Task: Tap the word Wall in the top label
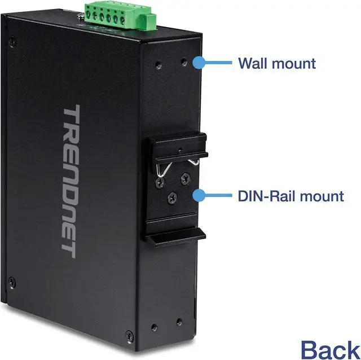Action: [253, 63]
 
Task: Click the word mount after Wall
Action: [296, 63]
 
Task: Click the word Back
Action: [329, 348]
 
